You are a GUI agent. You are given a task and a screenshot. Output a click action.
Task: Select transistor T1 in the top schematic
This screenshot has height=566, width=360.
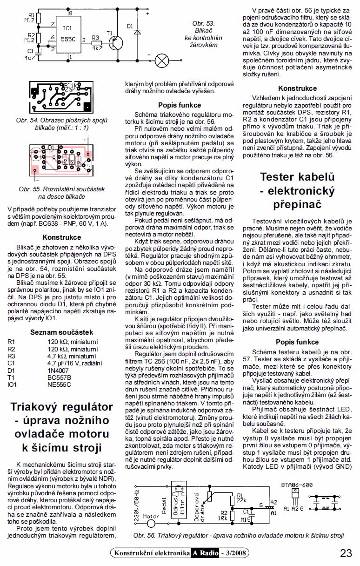(113, 42)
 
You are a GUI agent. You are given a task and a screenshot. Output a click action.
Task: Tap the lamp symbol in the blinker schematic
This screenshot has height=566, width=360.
(161, 60)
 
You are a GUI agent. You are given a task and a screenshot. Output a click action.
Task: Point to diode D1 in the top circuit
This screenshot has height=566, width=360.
(136, 33)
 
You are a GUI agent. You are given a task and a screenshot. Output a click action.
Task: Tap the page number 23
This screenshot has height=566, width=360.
(346, 553)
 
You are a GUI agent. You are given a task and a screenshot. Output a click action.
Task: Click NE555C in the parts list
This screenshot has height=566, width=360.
(59, 385)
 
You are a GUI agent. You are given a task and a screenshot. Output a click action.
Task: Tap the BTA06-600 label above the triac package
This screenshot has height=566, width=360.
(296, 485)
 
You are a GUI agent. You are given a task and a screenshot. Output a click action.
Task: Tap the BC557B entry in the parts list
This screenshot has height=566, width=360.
(59, 378)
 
